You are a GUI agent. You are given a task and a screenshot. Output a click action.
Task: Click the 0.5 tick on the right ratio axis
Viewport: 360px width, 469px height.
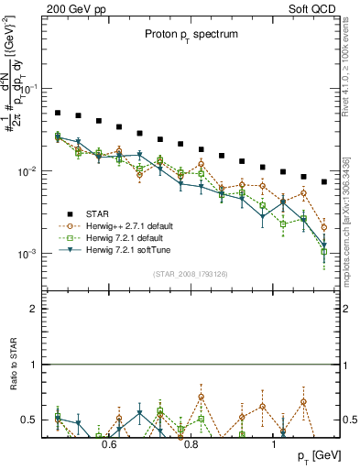click(x=348, y=420)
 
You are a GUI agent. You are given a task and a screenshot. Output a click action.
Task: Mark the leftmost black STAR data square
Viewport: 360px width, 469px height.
click(x=57, y=113)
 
